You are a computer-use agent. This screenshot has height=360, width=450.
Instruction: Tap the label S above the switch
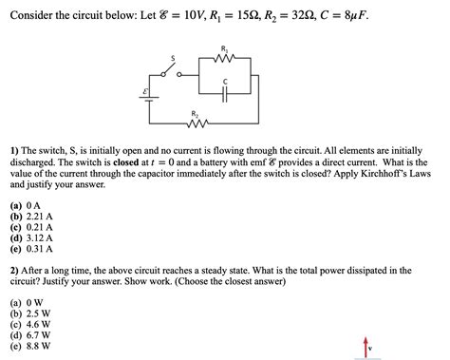[x=173, y=58]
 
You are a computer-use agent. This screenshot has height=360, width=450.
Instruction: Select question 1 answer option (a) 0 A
[x=26, y=205]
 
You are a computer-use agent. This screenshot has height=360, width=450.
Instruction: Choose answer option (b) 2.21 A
[x=32, y=217]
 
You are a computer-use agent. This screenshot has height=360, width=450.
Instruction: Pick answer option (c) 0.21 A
[x=32, y=227]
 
